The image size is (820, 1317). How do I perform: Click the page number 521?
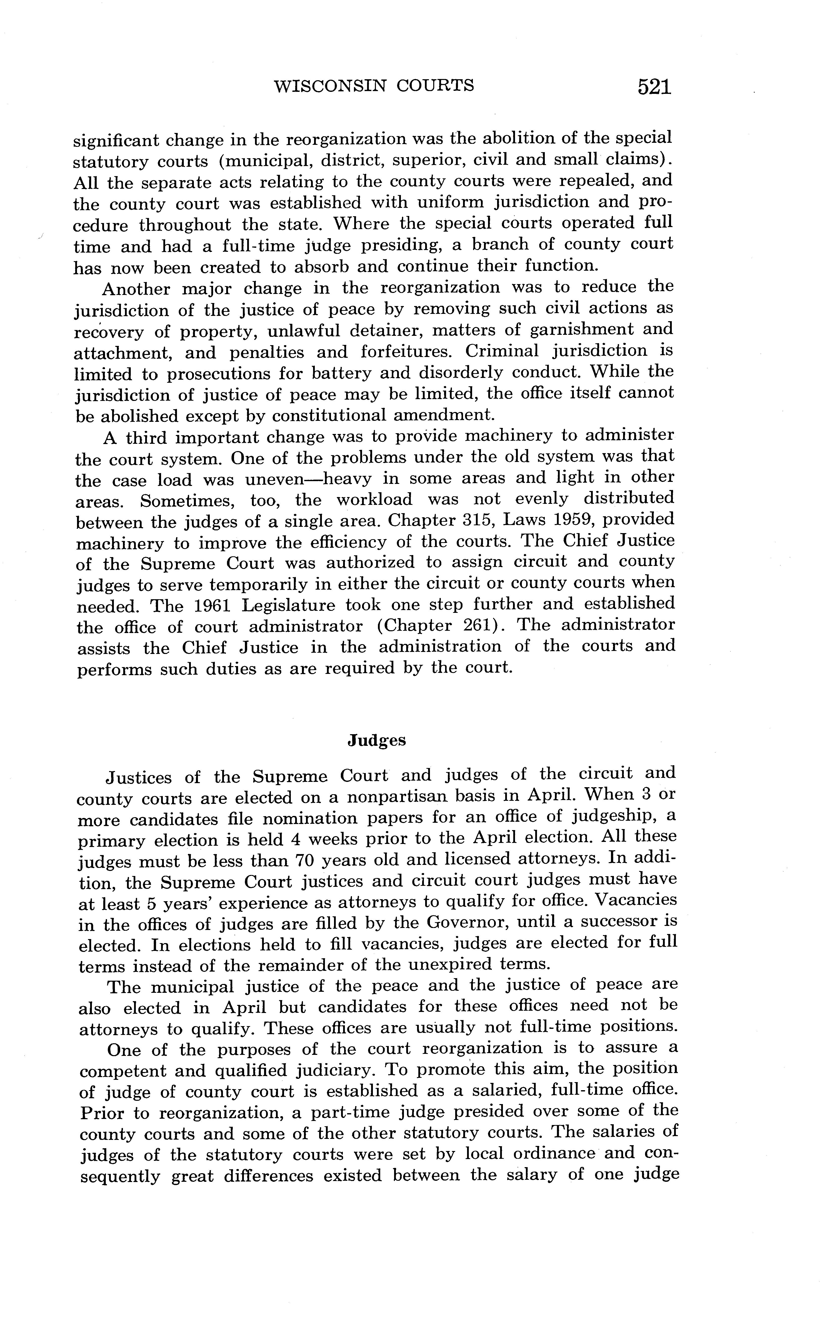[655, 87]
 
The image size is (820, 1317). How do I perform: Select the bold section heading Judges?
[376, 740]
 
